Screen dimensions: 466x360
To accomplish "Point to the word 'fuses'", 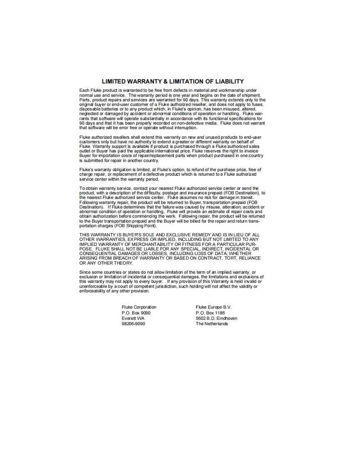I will tap(258, 105).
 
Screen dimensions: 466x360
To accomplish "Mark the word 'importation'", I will tap(106, 156).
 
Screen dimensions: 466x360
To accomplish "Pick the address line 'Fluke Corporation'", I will tap(139, 307).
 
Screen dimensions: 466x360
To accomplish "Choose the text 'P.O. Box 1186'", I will tap(210, 313).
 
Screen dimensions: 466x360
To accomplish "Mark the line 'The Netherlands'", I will tap(212, 324).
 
